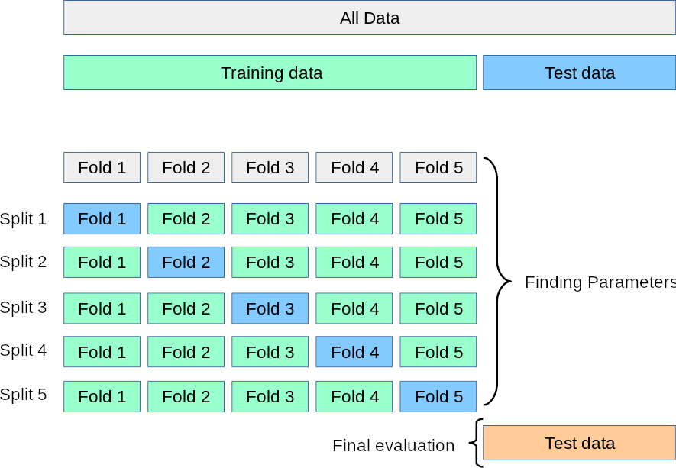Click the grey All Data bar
[x=369, y=18]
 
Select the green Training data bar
[x=270, y=73]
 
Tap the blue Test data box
[x=579, y=73]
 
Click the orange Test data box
[x=579, y=444]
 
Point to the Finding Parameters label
[x=600, y=282]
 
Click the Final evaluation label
[x=393, y=445]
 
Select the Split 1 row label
[x=24, y=219]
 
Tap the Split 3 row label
[x=24, y=308]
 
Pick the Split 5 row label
[x=24, y=395]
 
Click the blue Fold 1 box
[x=102, y=219]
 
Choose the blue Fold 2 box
[x=186, y=263]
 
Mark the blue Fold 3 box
[x=270, y=308]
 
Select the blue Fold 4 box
[x=354, y=352]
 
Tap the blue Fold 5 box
[x=438, y=397]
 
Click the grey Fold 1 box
[x=102, y=168]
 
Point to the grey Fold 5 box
[x=438, y=168]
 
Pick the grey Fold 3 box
[x=270, y=168]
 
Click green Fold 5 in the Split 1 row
[x=438, y=219]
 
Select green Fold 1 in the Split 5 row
[x=102, y=397]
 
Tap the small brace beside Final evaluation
[x=477, y=443]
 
